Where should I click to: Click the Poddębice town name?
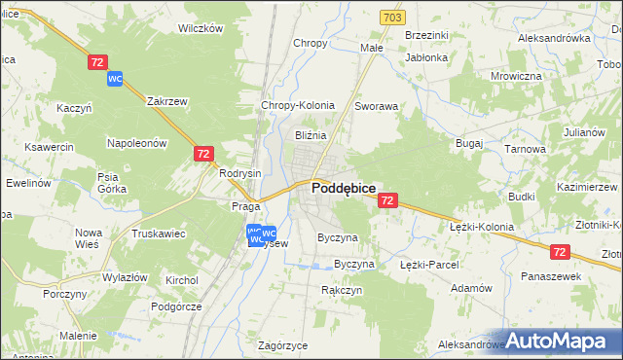coord(344,190)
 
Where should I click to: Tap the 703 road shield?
coord(392,18)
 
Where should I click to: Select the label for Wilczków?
coord(201,28)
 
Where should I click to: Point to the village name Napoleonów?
coord(137,142)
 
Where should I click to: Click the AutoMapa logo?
coord(562,342)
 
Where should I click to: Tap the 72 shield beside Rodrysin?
coord(203,154)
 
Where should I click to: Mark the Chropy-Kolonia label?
coord(298,105)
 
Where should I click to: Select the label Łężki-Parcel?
coord(428,264)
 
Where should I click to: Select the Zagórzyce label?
coord(283,345)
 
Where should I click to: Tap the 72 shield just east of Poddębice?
coord(387,200)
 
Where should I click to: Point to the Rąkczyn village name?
coord(342,290)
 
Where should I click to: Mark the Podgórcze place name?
coord(176,306)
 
